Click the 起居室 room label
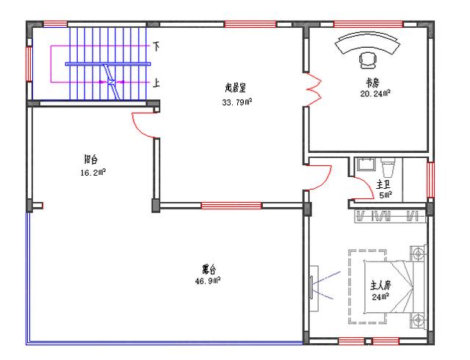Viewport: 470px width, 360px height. coord(236,87)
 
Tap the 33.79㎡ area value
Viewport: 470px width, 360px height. coord(236,102)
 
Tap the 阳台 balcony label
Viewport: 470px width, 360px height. coord(92,158)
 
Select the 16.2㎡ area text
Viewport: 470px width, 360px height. coord(93,173)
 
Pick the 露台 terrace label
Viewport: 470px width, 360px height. coord(209,268)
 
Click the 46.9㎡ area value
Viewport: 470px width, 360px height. coord(209,281)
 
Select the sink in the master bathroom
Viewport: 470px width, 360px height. coord(365,165)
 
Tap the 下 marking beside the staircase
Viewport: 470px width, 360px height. coord(156,46)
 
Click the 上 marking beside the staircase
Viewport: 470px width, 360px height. coord(156,83)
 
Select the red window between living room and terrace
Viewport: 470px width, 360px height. coord(221,206)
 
